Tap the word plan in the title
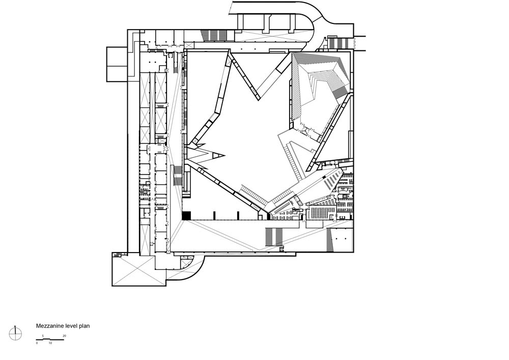[84, 326]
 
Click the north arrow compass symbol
[15, 333]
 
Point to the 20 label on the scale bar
[64, 336]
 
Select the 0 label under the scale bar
[37, 343]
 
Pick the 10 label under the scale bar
[50, 343]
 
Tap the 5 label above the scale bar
[43, 336]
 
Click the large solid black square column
[186, 215]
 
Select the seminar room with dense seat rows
[321, 213]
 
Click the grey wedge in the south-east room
[330, 240]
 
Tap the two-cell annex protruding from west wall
[117, 64]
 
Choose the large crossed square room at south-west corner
[138, 271]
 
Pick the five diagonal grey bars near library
[332, 180]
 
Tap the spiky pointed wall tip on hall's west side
[224, 155]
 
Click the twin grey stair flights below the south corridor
[274, 236]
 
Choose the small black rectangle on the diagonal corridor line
[324, 177]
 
